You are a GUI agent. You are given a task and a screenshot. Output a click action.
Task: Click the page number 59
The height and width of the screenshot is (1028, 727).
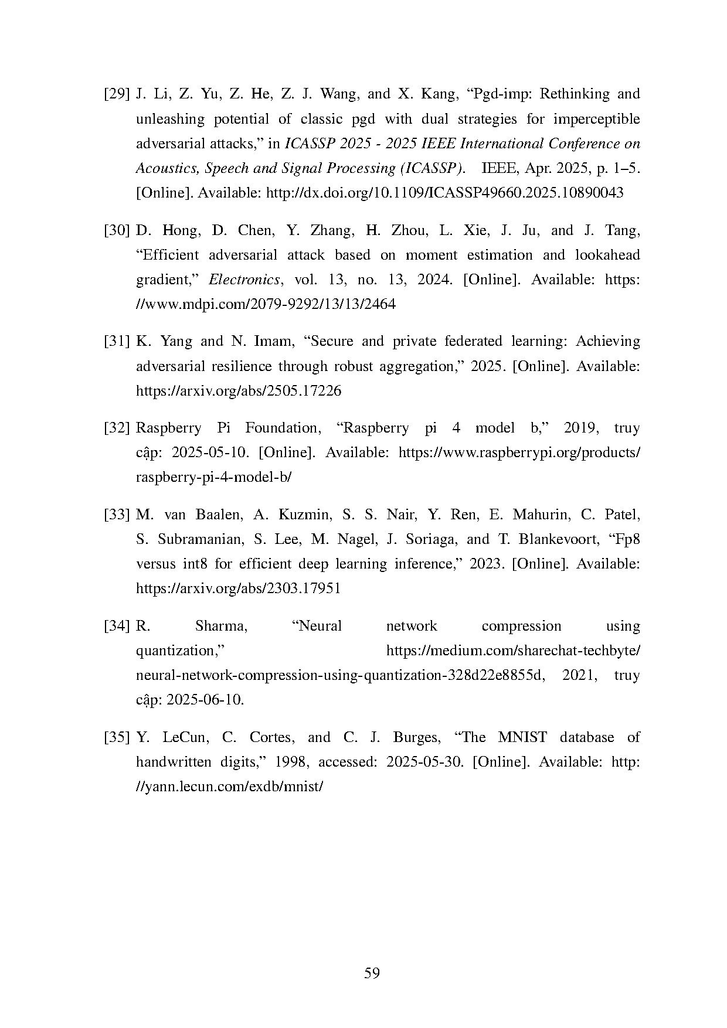click(x=372, y=973)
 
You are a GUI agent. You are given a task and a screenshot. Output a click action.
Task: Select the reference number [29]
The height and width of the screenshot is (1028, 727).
click(x=116, y=94)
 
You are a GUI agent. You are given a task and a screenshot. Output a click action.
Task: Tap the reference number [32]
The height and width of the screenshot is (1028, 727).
click(x=116, y=428)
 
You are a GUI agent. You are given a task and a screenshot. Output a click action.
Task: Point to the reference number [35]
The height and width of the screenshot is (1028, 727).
click(x=116, y=737)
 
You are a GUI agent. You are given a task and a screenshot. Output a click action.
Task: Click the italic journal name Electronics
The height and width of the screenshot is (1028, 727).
click(x=244, y=280)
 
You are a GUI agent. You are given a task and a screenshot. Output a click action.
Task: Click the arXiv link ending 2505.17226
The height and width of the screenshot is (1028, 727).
click(x=239, y=391)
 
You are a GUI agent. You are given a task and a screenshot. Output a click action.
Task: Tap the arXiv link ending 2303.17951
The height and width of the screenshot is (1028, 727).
click(x=239, y=588)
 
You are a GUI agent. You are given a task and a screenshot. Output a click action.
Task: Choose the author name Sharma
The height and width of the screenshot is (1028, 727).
click(x=221, y=627)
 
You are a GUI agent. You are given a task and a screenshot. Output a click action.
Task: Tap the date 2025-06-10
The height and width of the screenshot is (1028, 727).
click(x=205, y=700)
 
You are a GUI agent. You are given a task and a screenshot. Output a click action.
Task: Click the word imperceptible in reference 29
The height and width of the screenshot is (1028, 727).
click(x=596, y=119)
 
